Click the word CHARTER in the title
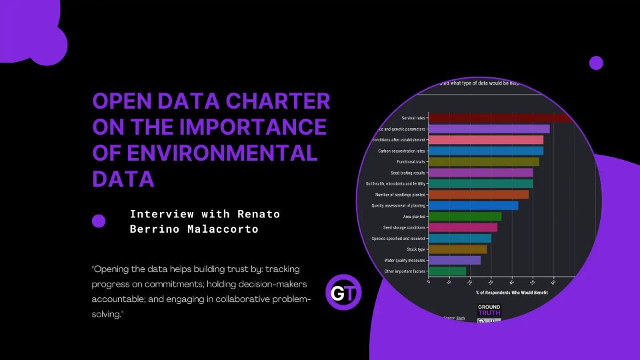click(x=277, y=101)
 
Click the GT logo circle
click(x=344, y=293)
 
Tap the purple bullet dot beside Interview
click(x=99, y=221)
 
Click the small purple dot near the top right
click(x=596, y=63)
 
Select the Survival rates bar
click(x=500, y=118)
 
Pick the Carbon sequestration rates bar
click(x=485, y=151)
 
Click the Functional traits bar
click(x=483, y=161)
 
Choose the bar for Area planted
click(x=465, y=216)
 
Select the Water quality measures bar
click(x=454, y=260)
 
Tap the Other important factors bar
click(x=447, y=271)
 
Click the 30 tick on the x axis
click(x=491, y=282)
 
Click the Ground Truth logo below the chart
click(x=489, y=310)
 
